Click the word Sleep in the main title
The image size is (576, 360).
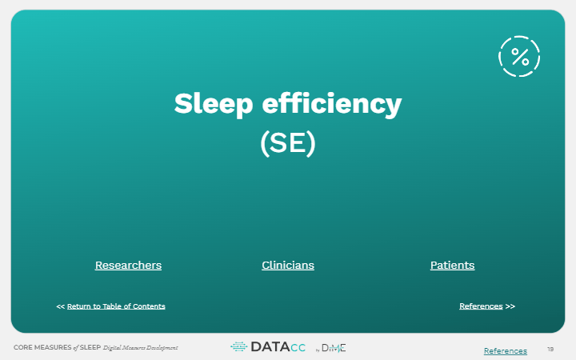point(214,104)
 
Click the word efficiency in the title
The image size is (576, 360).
point(332,104)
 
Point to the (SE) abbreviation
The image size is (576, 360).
point(288,143)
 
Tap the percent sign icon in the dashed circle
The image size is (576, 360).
point(519,57)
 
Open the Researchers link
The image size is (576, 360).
point(128,266)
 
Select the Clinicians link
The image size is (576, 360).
point(288,266)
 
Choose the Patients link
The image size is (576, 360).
point(453,266)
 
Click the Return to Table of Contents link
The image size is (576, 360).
point(116,306)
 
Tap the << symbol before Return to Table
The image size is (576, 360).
point(60,306)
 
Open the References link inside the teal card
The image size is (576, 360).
point(481,306)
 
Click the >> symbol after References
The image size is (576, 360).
point(510,306)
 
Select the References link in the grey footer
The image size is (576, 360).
point(506,351)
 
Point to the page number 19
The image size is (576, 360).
point(550,350)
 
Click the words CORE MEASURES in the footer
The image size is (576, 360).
point(42,347)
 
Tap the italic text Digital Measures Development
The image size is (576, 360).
point(140,348)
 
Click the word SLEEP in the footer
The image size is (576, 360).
point(90,347)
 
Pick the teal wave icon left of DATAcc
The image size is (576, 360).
point(238,346)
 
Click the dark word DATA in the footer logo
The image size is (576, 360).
point(270,346)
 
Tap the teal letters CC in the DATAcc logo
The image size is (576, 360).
point(298,348)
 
